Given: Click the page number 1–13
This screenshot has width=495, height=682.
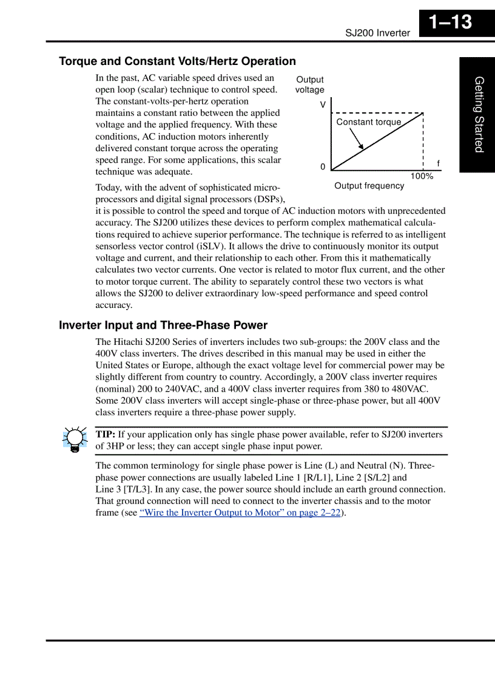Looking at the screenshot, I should coord(450,22).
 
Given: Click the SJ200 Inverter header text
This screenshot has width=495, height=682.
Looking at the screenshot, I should coord(377,33).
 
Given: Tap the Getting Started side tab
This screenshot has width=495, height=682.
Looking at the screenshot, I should coord(479,114).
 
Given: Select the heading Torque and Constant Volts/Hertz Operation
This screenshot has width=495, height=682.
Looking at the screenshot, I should coord(177,61).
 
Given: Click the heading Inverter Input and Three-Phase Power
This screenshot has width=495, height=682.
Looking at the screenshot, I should coord(163,326).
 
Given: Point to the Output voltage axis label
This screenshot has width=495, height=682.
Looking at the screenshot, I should coord(309,85).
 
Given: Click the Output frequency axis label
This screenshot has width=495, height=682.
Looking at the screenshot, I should coord(369,186).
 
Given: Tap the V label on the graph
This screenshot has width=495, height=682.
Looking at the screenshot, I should coord(323,104).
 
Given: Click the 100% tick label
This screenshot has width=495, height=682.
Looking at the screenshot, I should coord(422,176).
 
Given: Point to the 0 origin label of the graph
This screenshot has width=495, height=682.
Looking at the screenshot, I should coord(323,167).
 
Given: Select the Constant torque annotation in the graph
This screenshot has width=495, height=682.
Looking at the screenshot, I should coord(368,122).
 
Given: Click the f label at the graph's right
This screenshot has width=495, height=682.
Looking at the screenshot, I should coord(438,164).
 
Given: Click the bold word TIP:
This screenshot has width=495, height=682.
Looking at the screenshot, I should coord(106,434).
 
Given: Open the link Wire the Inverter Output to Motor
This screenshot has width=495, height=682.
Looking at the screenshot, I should coord(240,513).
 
